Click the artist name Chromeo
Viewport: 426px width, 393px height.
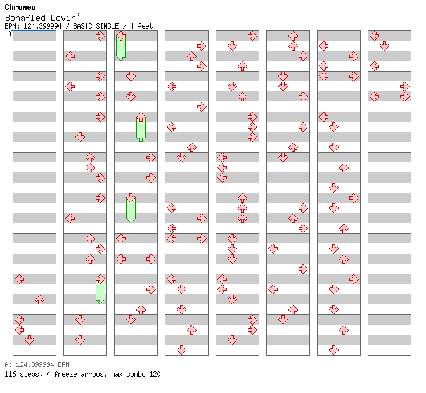pos(20,7)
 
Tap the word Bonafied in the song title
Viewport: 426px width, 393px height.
pos(25,18)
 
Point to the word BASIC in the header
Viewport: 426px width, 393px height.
pos(82,26)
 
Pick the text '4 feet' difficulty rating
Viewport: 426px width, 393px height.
pos(141,26)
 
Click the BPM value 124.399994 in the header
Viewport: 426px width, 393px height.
pos(42,26)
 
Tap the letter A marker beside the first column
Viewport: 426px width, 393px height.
pos(9,34)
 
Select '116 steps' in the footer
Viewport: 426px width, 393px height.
pos(23,374)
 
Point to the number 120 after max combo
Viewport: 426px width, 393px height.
pos(155,374)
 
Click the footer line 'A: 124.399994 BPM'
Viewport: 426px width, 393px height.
pos(37,364)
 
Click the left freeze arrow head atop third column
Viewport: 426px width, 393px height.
pos(121,35)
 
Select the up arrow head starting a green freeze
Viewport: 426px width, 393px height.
pos(141,117)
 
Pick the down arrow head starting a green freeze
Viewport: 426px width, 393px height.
pos(131,198)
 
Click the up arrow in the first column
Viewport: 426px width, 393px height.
pos(40,300)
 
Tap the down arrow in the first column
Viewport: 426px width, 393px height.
pos(29,340)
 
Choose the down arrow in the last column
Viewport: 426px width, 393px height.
pos(384,46)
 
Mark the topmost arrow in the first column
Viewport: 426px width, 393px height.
pos(20,279)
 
